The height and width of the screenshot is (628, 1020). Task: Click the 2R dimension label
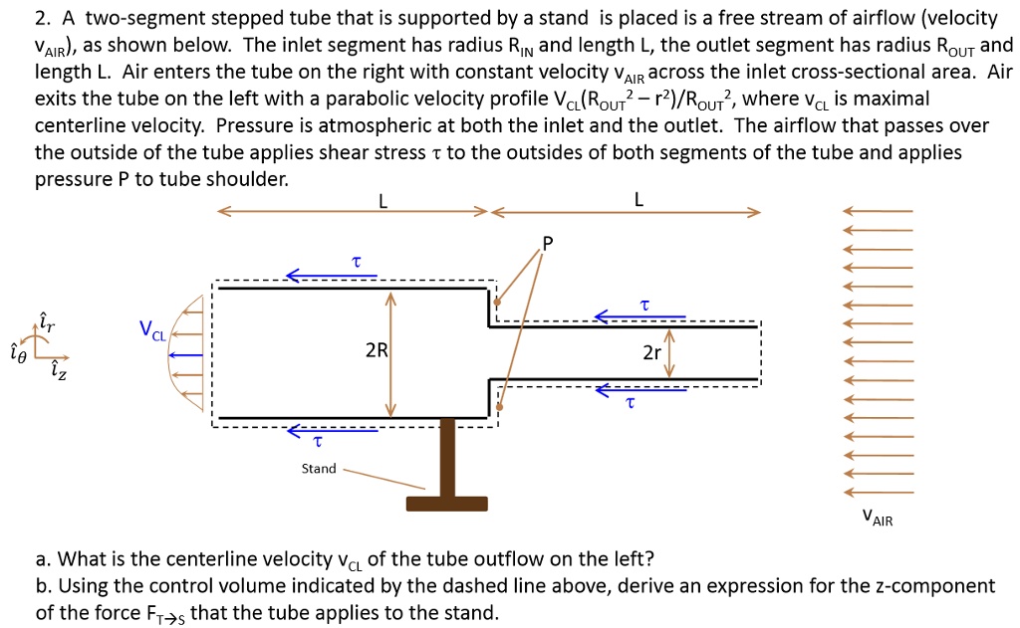pyautogui.click(x=376, y=350)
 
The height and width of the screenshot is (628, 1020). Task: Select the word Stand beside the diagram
pyautogui.click(x=319, y=468)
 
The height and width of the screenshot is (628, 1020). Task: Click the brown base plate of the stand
pyautogui.click(x=446, y=503)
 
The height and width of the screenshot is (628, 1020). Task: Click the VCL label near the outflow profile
pyautogui.click(x=152, y=329)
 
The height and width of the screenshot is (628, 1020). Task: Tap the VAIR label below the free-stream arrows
pyautogui.click(x=877, y=518)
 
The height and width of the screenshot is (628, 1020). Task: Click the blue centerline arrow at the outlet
pyautogui.click(x=186, y=354)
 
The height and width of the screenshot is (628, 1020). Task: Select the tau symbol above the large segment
pyautogui.click(x=356, y=261)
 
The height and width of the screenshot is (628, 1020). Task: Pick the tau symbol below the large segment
pyautogui.click(x=317, y=441)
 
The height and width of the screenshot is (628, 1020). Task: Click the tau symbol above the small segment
pyautogui.click(x=644, y=304)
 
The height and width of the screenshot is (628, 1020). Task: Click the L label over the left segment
pyautogui.click(x=382, y=200)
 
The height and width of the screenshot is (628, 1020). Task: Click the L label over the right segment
pyautogui.click(x=638, y=200)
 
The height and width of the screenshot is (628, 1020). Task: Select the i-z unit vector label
pyautogui.click(x=55, y=370)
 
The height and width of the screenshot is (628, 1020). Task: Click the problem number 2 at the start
pyautogui.click(x=40, y=19)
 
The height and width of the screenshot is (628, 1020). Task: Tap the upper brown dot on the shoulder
pyautogui.click(x=498, y=303)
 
